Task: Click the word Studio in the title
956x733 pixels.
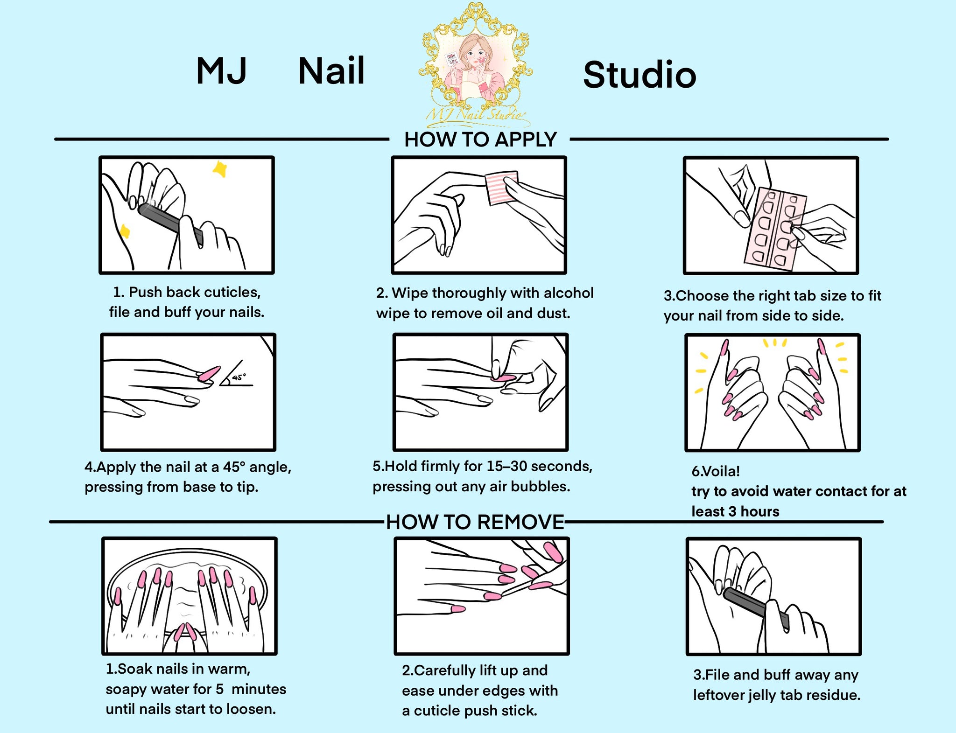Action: (640, 75)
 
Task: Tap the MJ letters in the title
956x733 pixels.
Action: (221, 71)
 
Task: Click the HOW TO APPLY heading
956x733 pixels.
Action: (480, 140)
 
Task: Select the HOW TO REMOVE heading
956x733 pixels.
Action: (475, 522)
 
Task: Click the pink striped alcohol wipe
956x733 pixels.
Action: (501, 188)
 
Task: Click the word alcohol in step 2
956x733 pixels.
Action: (569, 293)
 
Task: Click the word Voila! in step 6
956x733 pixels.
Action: (716, 471)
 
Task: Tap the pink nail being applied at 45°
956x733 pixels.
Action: (208, 373)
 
